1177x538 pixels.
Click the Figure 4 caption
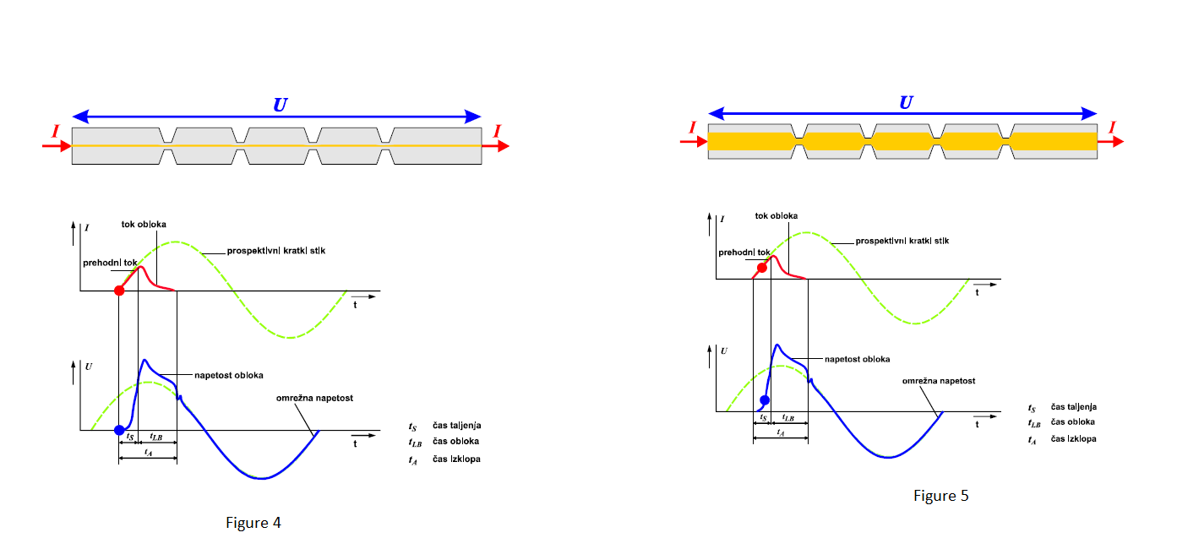click(x=253, y=523)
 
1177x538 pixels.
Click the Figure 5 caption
click(x=940, y=496)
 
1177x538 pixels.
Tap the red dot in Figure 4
click(x=119, y=291)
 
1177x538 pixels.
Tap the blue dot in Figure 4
click(x=119, y=430)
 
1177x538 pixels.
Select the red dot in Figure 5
click(x=762, y=268)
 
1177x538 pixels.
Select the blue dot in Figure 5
click(x=765, y=399)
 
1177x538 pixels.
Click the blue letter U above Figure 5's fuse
click(x=906, y=102)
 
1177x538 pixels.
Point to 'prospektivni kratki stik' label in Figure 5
click(x=902, y=242)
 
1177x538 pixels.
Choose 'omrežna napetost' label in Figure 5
click(x=939, y=381)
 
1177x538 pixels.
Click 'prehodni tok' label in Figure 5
click(x=744, y=252)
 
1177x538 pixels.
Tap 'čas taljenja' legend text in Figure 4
click(x=456, y=426)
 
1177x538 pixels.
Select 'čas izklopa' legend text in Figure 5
click(x=1074, y=439)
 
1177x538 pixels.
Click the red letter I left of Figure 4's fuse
click(x=55, y=131)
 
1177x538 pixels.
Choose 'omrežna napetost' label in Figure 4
click(x=314, y=397)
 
